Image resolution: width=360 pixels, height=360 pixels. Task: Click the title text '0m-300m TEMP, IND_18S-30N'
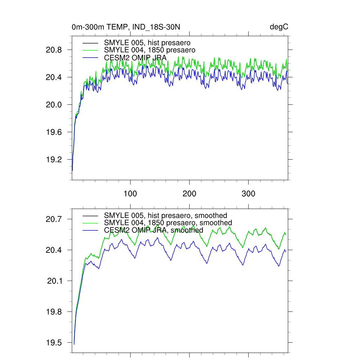tap(126, 27)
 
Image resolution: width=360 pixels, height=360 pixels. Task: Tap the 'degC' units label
tap(279, 27)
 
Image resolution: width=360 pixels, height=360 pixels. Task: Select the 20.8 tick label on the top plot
tap(54, 50)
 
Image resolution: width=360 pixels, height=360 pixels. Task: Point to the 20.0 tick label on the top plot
tap(54, 105)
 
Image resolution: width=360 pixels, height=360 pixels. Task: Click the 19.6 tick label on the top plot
tap(54, 132)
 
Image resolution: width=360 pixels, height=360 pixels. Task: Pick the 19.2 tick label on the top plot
tap(54, 160)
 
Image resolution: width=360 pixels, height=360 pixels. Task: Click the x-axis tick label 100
tap(130, 194)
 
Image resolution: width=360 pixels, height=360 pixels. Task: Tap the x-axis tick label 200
tap(189, 194)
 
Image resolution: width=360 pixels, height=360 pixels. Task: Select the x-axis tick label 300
tap(249, 194)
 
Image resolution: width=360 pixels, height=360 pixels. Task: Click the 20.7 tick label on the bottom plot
tap(54, 219)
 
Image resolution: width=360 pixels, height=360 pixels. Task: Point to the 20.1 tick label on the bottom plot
tap(55, 281)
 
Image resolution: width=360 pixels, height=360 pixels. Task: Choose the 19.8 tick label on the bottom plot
tap(54, 312)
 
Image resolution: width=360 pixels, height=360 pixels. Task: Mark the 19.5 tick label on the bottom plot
tap(54, 343)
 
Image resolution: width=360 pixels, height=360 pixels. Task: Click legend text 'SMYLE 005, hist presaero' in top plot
tap(147, 43)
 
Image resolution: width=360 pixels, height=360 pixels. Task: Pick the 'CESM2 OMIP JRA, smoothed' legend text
tap(154, 230)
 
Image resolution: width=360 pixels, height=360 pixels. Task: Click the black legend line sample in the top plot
tap(90, 43)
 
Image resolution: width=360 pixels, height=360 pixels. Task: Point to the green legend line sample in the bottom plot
tap(90, 223)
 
